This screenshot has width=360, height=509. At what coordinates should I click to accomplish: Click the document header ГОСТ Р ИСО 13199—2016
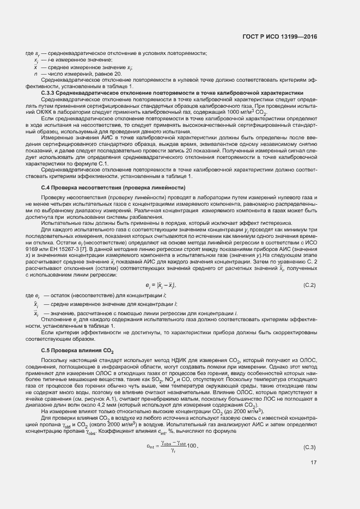coord(280,37)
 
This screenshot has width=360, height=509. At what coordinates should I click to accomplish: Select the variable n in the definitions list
coord(35,73)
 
